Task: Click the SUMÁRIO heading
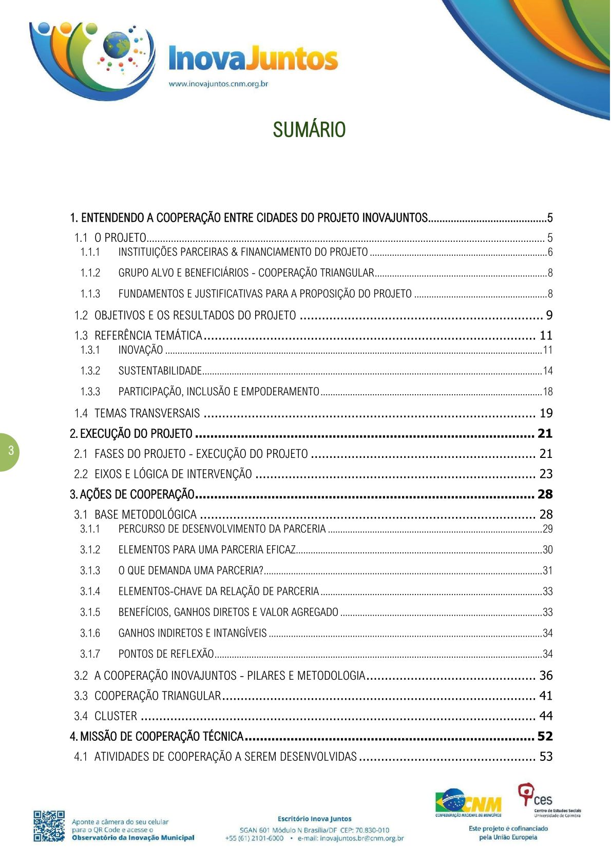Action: (x=309, y=130)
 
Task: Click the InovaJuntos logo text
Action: (x=253, y=59)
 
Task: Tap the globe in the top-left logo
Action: (x=117, y=45)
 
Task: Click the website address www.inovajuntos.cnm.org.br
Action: (x=219, y=84)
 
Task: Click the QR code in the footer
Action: (x=49, y=826)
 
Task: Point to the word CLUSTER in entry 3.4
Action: (x=116, y=716)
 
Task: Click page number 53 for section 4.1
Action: (x=545, y=756)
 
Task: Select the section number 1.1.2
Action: (x=90, y=273)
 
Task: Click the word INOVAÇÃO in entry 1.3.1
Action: (x=141, y=350)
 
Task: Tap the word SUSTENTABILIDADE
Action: (x=160, y=371)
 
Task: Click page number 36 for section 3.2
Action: (x=545, y=676)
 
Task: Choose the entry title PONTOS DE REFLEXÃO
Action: (x=166, y=654)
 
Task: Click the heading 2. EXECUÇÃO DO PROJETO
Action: (x=131, y=434)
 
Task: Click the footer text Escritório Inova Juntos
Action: (x=314, y=819)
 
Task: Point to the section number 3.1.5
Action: (x=90, y=612)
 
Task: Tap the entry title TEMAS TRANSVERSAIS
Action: (x=147, y=413)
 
